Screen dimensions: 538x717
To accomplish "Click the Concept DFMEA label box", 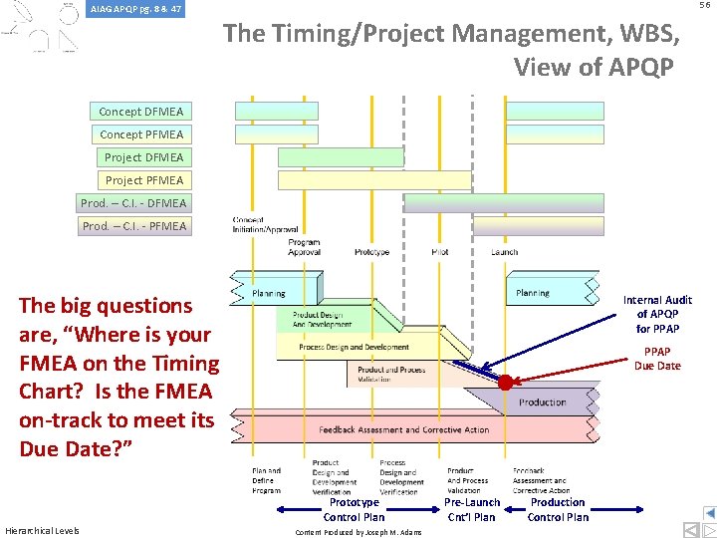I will pos(140,112).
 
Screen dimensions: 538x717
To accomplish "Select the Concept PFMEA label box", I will pos(140,134).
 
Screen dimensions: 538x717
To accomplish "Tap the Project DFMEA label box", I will pos(143,157).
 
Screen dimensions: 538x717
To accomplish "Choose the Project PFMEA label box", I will pos(143,180).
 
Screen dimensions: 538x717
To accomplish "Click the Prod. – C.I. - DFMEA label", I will pos(132,203).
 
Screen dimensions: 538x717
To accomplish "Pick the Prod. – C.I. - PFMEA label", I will pos(132,226).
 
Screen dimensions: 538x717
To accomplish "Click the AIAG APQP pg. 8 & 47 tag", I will pos(135,9).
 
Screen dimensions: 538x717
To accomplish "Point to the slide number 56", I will pos(704,6).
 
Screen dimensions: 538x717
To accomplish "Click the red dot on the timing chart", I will pos(505,383).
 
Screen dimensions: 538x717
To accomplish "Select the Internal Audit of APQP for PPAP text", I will pos(657,314).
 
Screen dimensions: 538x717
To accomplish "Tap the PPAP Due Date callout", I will pos(657,359).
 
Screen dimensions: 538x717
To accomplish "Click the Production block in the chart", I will pos(543,403).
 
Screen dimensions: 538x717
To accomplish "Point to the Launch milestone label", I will pos(504,252).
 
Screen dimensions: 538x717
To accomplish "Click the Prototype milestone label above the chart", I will pos(371,252).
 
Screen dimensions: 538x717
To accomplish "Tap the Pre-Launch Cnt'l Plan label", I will pos(472,509).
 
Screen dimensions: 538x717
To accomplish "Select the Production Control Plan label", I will pos(558,509).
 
